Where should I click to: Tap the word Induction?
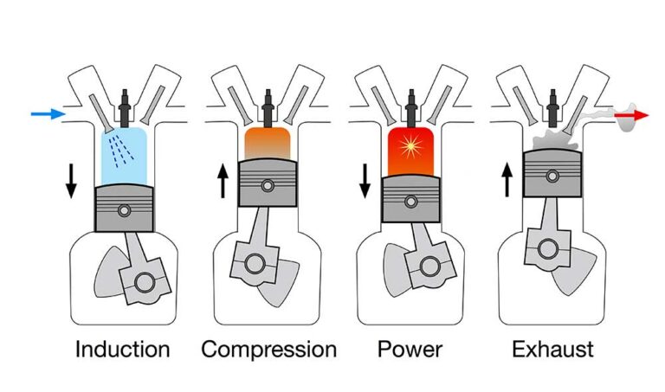[123, 350]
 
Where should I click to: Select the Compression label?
[268, 350]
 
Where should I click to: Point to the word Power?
[410, 350]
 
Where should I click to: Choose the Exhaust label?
[552, 350]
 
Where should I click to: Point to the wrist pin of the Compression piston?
[269, 184]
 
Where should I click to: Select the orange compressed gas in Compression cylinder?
[269, 144]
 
